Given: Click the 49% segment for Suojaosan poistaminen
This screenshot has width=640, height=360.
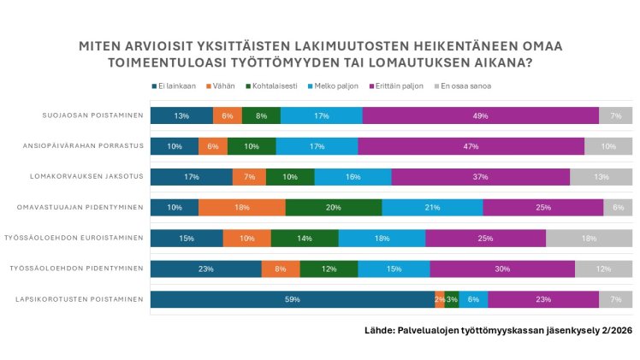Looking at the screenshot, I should [480, 115].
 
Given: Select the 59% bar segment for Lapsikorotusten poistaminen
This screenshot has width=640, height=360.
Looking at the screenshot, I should [292, 299].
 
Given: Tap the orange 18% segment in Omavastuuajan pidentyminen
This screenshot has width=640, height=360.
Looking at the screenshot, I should [242, 208].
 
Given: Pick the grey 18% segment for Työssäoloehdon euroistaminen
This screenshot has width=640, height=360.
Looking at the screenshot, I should [589, 238].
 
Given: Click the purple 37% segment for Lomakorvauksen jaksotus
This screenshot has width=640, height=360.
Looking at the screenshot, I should [480, 177].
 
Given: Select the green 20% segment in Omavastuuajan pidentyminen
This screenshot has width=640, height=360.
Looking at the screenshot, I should [334, 208].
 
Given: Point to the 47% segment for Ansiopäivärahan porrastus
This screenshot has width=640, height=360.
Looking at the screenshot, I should [471, 146].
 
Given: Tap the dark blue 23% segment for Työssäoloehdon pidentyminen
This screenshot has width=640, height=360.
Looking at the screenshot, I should [205, 269].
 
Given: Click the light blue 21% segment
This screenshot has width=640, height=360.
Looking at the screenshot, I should [432, 208].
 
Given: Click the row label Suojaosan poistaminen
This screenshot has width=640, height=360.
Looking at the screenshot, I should [92, 115].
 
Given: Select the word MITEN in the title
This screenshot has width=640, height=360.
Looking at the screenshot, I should [101, 45].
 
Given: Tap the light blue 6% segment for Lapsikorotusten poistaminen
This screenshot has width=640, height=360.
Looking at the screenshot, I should [473, 299].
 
